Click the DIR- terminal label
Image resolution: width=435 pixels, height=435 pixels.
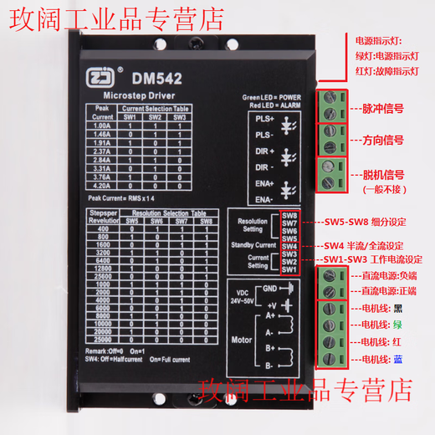[253, 167]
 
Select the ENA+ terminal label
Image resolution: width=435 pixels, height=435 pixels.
[253, 183]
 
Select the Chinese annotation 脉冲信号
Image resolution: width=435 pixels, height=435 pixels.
[381, 109]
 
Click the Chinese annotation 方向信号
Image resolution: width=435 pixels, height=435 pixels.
[381, 141]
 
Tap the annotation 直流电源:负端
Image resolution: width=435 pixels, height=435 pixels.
[387, 274]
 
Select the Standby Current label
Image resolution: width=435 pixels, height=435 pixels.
[253, 244]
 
